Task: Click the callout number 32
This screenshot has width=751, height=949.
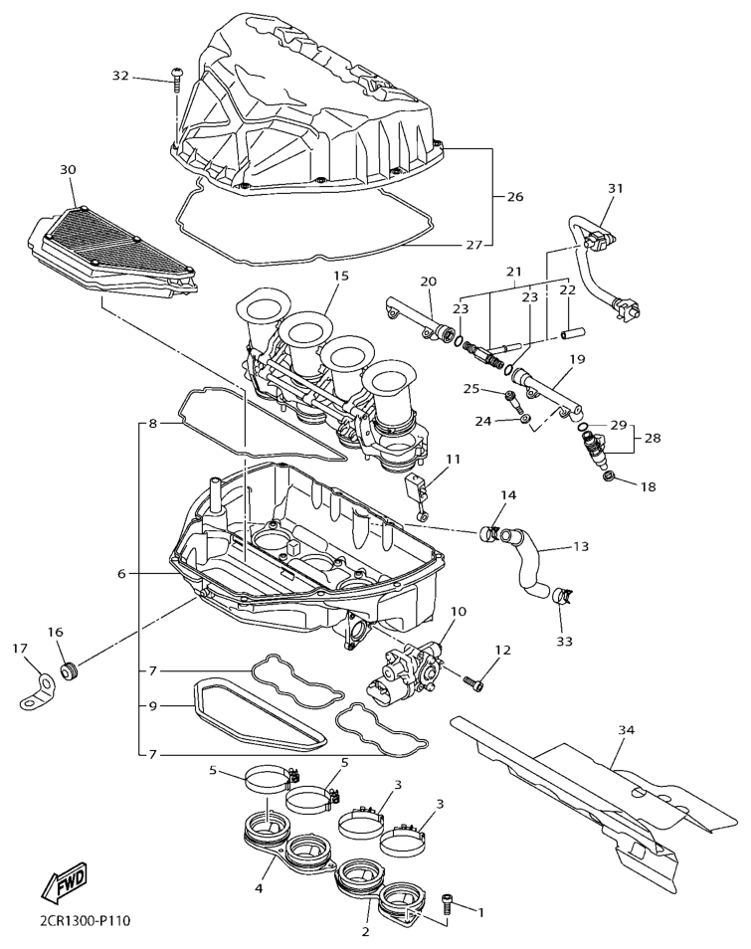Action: (120, 76)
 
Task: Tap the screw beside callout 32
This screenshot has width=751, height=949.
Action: (176, 77)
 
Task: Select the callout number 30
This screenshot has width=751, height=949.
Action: (68, 170)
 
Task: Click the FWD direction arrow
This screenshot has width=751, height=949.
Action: (62, 880)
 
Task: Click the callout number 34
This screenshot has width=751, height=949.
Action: (626, 731)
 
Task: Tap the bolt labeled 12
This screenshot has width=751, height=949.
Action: (476, 682)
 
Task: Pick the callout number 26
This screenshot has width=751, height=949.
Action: (514, 197)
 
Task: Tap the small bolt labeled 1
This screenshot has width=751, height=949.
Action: (448, 903)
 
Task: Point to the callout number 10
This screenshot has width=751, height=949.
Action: (459, 612)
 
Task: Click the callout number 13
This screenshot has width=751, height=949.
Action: (580, 545)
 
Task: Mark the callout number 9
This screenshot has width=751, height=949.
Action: (153, 707)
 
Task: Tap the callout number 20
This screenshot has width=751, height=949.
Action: (428, 282)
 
